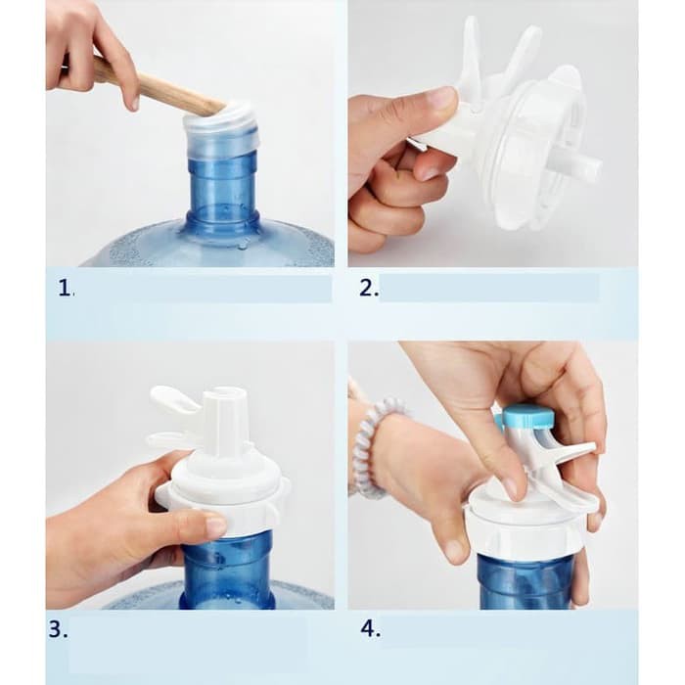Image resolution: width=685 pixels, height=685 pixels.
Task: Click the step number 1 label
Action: point(66,289)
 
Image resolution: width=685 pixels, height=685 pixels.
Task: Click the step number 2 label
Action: point(369,289)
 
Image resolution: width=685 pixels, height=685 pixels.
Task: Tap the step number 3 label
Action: point(58,629)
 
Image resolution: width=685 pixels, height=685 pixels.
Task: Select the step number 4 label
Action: point(371,629)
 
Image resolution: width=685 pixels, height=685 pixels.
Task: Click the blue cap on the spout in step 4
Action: point(527,416)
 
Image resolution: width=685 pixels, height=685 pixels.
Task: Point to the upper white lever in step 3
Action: point(175,399)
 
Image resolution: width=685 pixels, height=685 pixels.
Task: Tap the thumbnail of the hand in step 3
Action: point(216,525)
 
